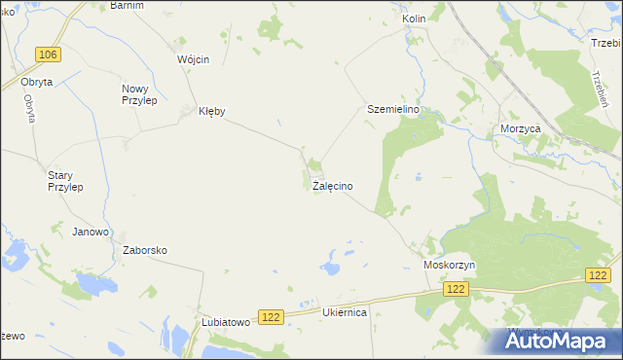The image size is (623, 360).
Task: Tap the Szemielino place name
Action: [392, 110]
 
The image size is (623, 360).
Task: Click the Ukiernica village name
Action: [344, 313]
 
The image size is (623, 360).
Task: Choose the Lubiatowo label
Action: [226, 322]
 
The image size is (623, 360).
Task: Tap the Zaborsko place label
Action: [145, 250]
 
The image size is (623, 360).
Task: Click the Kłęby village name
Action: [211, 111]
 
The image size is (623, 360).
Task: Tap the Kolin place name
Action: [415, 18]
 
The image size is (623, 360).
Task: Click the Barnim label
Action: [128, 5]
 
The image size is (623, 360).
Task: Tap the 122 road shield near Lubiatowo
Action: [271, 316]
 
